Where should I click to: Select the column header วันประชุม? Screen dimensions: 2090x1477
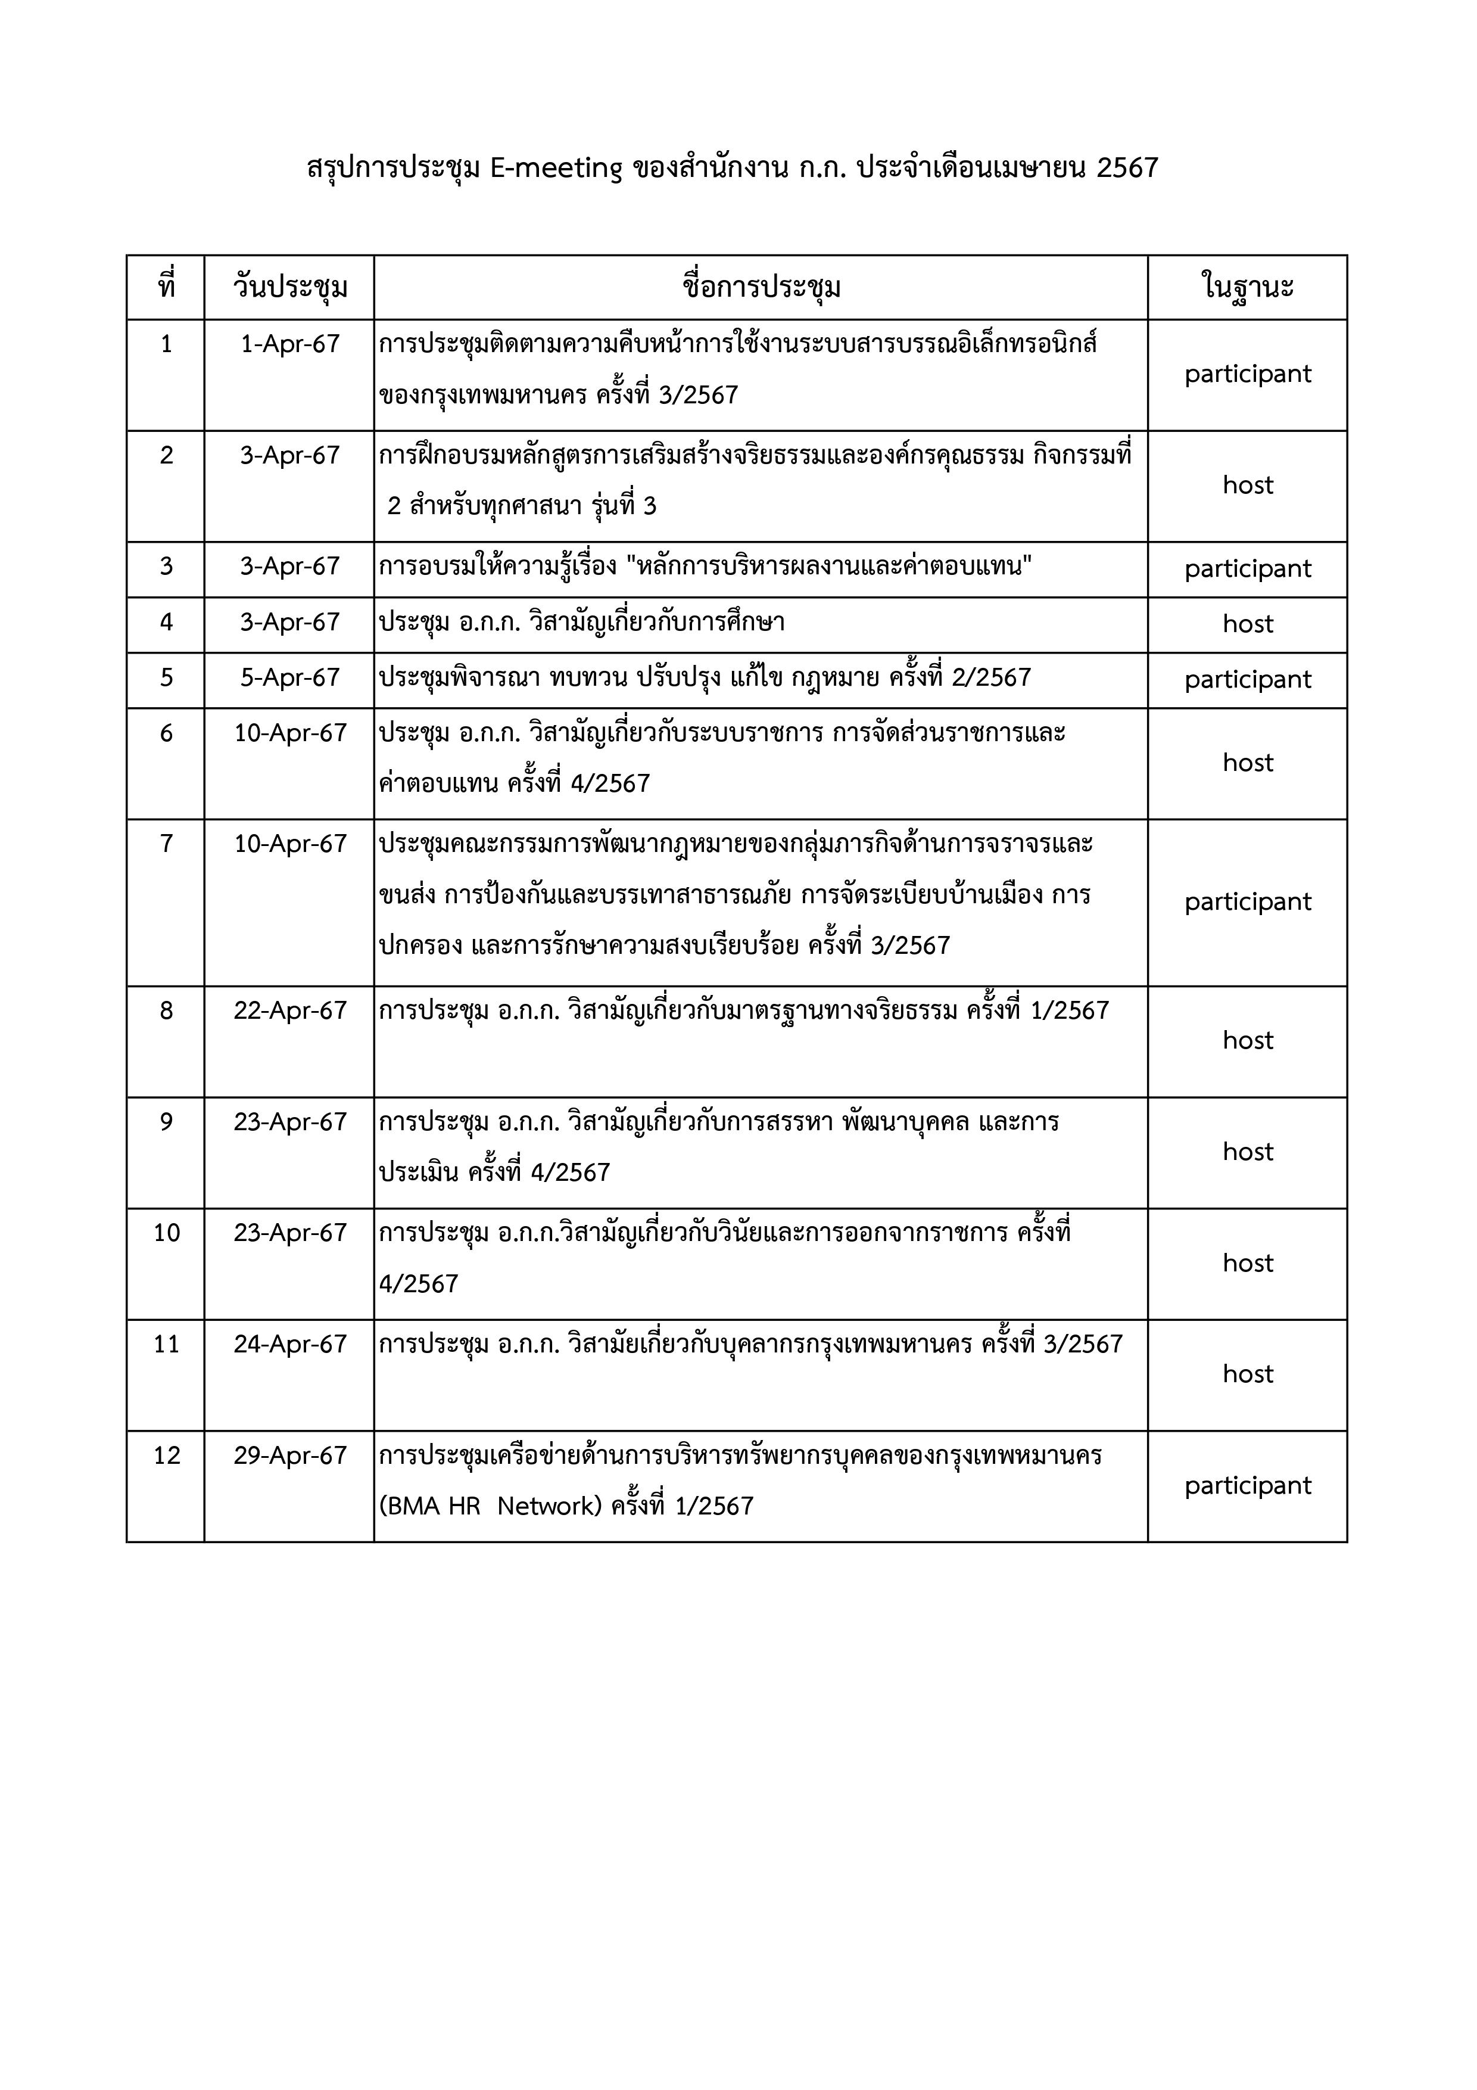point(289,288)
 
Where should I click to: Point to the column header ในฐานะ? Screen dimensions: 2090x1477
point(1248,288)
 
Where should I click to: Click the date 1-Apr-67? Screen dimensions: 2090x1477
point(289,344)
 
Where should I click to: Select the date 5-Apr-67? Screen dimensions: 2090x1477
point(289,677)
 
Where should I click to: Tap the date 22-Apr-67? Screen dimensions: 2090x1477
point(289,1010)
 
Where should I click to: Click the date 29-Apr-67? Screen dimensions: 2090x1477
point(289,1455)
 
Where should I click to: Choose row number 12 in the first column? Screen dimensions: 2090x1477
point(167,1455)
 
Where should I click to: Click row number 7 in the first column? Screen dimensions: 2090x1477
point(167,844)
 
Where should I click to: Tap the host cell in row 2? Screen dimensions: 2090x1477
point(1248,485)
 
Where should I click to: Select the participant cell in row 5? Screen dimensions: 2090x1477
point(1248,680)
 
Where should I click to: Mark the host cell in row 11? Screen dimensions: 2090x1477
point(1248,1374)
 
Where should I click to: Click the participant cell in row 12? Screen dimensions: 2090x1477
point(1248,1485)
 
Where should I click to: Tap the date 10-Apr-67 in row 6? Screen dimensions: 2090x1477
point(289,733)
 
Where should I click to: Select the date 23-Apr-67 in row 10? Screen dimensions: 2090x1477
point(289,1233)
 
